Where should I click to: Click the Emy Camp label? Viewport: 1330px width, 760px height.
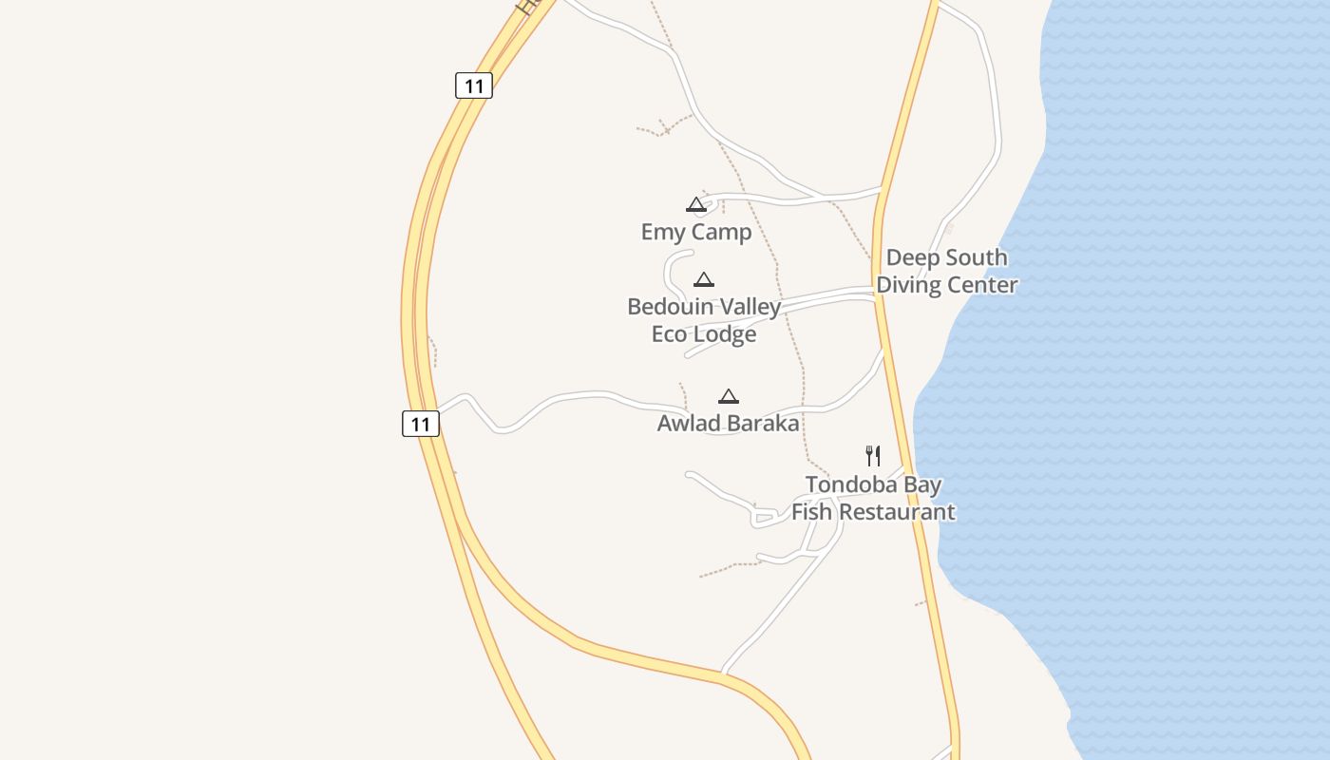point(696,232)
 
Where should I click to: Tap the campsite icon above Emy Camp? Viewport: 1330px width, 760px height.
point(696,204)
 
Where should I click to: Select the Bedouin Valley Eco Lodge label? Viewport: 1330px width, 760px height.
point(704,320)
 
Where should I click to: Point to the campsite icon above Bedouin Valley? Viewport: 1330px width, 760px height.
point(704,279)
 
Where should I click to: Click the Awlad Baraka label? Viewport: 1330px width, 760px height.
point(728,423)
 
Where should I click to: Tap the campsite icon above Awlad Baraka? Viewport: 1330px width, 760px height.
point(729,396)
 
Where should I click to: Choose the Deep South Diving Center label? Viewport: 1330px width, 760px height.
point(946,271)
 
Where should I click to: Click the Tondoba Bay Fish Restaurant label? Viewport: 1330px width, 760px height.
point(873,498)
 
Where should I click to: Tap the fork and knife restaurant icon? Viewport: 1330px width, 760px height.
point(873,456)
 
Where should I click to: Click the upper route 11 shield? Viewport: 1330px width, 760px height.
point(474,86)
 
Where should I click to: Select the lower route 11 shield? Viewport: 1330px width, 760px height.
point(421,424)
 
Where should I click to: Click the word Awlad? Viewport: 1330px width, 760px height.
point(689,423)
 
